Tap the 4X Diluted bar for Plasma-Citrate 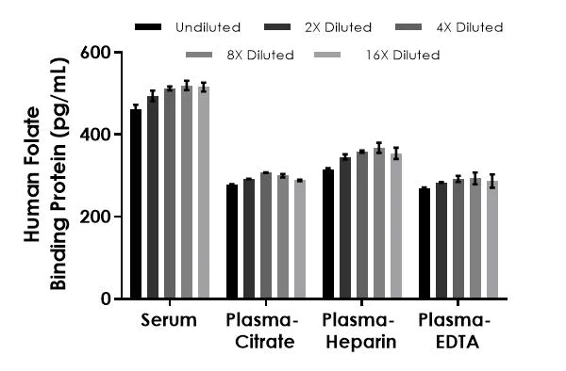point(266,235)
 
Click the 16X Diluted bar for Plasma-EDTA point(491,239)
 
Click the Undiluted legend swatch point(149,26)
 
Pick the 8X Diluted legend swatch point(201,55)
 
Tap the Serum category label point(170,320)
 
